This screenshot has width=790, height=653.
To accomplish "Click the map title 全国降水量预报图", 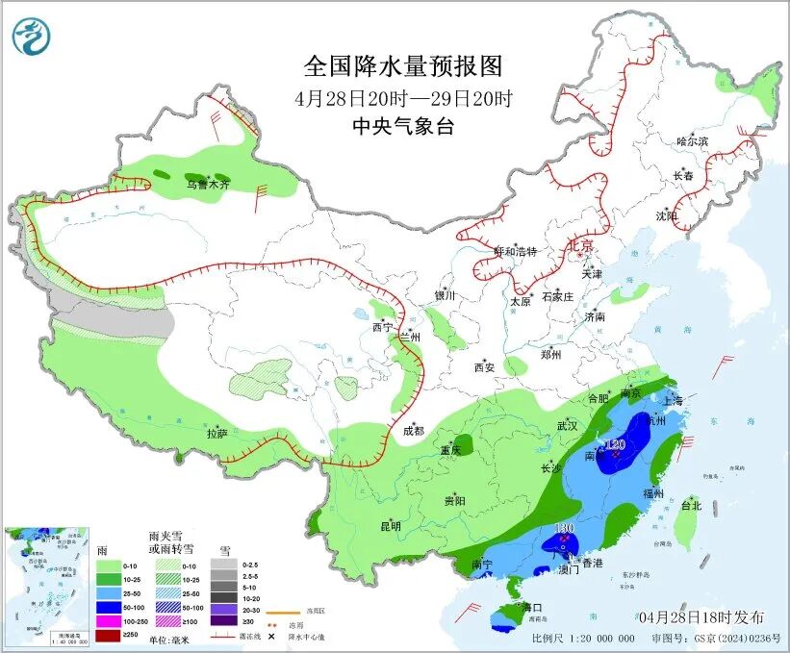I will (403, 66).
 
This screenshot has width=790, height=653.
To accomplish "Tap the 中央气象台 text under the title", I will (403, 126).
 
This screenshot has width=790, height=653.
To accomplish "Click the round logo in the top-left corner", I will (32, 36).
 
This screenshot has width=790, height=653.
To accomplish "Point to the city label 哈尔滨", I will (692, 141).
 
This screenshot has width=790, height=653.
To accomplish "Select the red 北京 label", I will (582, 245).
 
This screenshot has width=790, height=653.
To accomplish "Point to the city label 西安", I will (483, 367).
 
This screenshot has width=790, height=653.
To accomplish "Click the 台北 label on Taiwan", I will (691, 505).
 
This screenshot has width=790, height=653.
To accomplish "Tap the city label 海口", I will (532, 608).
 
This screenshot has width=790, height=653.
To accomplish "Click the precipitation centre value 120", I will (616, 443).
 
